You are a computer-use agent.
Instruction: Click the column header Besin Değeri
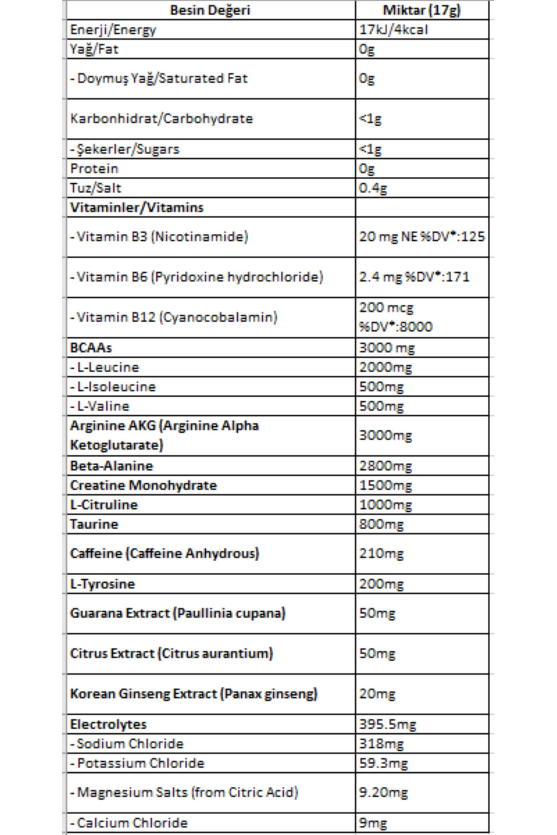210,10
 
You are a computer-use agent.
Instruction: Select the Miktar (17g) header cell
421,10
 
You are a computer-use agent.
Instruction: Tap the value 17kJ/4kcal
394,30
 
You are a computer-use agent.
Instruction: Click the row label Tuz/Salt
96,188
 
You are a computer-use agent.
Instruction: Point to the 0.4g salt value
373,188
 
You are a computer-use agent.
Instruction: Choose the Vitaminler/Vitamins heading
137,207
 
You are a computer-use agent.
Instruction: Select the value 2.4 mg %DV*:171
414,277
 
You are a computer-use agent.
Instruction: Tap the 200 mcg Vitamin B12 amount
386,308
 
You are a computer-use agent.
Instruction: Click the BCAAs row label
91,347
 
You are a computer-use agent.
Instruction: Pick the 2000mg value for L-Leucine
385,367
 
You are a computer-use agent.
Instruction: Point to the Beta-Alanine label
111,465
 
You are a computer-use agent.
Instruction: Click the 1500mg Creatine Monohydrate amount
385,485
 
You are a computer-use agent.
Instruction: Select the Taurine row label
94,524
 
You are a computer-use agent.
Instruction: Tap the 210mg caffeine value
381,553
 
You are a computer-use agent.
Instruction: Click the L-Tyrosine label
103,584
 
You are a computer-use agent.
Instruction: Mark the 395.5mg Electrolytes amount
388,724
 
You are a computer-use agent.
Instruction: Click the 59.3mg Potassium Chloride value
383,763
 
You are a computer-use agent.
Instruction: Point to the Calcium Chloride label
132,823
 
